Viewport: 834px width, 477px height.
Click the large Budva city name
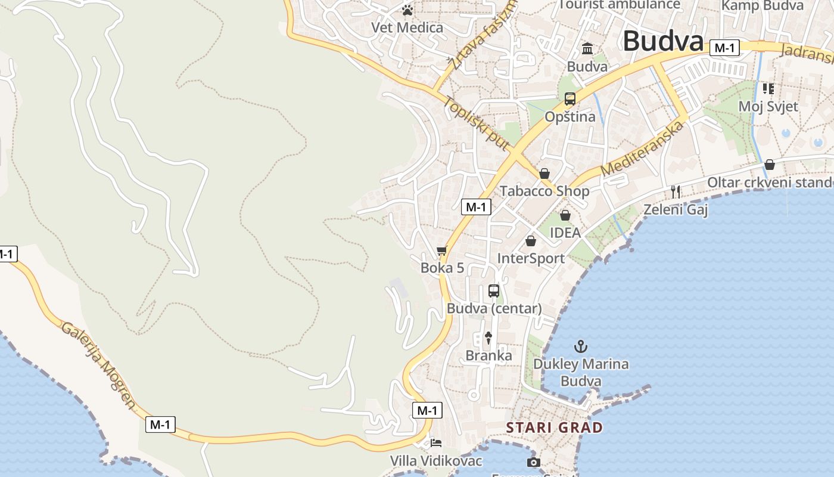[x=663, y=42]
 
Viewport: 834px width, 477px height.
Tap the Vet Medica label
[x=407, y=27]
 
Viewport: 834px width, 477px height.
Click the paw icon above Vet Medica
[x=407, y=10]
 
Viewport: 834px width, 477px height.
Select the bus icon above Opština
[x=570, y=99]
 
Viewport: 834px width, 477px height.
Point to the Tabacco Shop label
[x=544, y=191]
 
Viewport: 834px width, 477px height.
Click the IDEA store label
[x=565, y=233]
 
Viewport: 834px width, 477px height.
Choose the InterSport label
[x=531, y=258]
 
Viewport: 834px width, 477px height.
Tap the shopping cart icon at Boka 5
[x=441, y=251]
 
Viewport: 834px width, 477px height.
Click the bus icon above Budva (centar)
[x=494, y=291]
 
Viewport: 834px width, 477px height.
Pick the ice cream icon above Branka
[x=488, y=338]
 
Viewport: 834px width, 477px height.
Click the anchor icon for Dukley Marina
[x=580, y=346]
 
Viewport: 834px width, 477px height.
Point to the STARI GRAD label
[x=555, y=428]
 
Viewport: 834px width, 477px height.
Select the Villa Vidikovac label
[x=436, y=461]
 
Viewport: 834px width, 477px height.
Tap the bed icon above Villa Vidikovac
[x=436, y=444]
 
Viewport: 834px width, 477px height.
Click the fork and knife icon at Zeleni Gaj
[x=676, y=191]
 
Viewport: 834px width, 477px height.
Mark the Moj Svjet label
[x=768, y=106]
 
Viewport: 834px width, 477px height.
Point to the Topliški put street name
[x=476, y=123]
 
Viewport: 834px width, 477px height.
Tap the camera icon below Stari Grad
[x=534, y=462]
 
